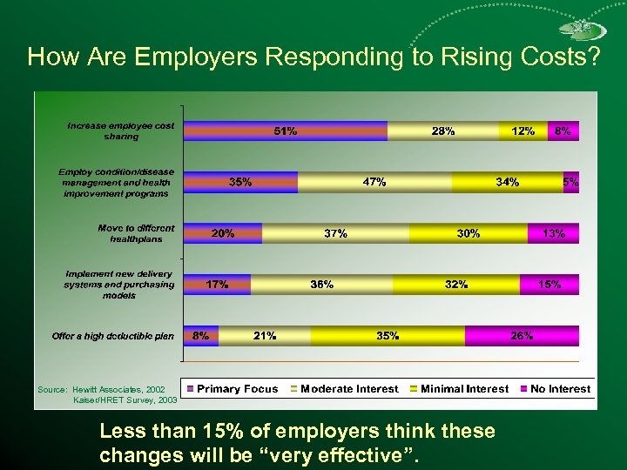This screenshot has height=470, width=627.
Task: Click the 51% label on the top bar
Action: [285, 131]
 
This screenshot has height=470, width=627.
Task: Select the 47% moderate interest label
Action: [374, 182]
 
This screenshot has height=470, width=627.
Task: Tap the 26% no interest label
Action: [522, 335]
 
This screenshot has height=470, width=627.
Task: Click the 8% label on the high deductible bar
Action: [199, 335]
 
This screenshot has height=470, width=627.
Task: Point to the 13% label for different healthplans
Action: [553, 233]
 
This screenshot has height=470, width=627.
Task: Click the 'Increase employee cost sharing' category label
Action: [120, 131]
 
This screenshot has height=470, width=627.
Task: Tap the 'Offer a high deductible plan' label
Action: [113, 336]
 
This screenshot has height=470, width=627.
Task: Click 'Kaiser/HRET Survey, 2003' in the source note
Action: [125, 400]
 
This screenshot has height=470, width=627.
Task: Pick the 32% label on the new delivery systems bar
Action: [455, 285]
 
